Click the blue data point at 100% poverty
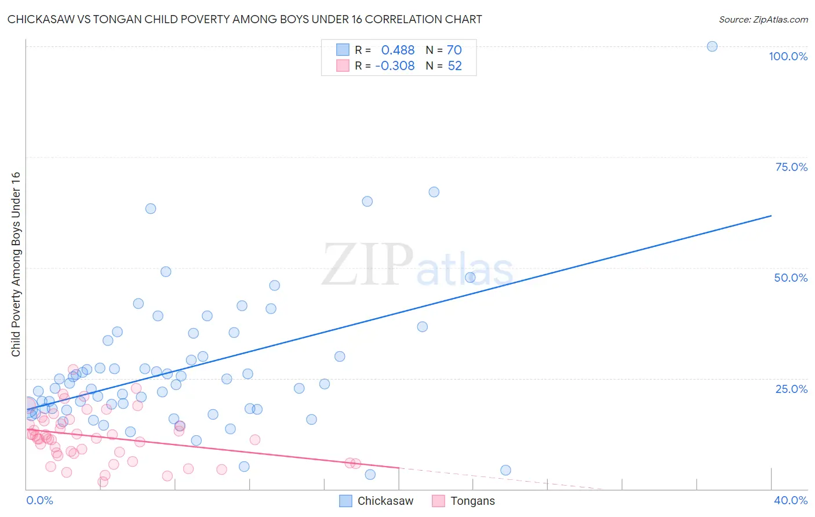point(712,46)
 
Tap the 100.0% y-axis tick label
point(788,56)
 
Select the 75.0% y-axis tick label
point(791,167)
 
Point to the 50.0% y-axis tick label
point(791,278)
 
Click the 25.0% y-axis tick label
point(791,389)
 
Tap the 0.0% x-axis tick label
point(39,500)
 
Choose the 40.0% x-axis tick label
point(791,500)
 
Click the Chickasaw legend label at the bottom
point(385,501)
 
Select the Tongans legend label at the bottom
point(472,501)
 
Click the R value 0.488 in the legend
point(398,50)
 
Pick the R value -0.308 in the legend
point(395,66)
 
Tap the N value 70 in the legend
point(454,50)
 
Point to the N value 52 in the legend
point(454,66)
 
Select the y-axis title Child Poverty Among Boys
point(16,264)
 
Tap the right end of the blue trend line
point(771,216)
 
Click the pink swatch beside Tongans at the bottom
point(438,501)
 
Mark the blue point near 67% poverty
point(434,192)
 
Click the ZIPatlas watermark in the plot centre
point(417,265)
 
